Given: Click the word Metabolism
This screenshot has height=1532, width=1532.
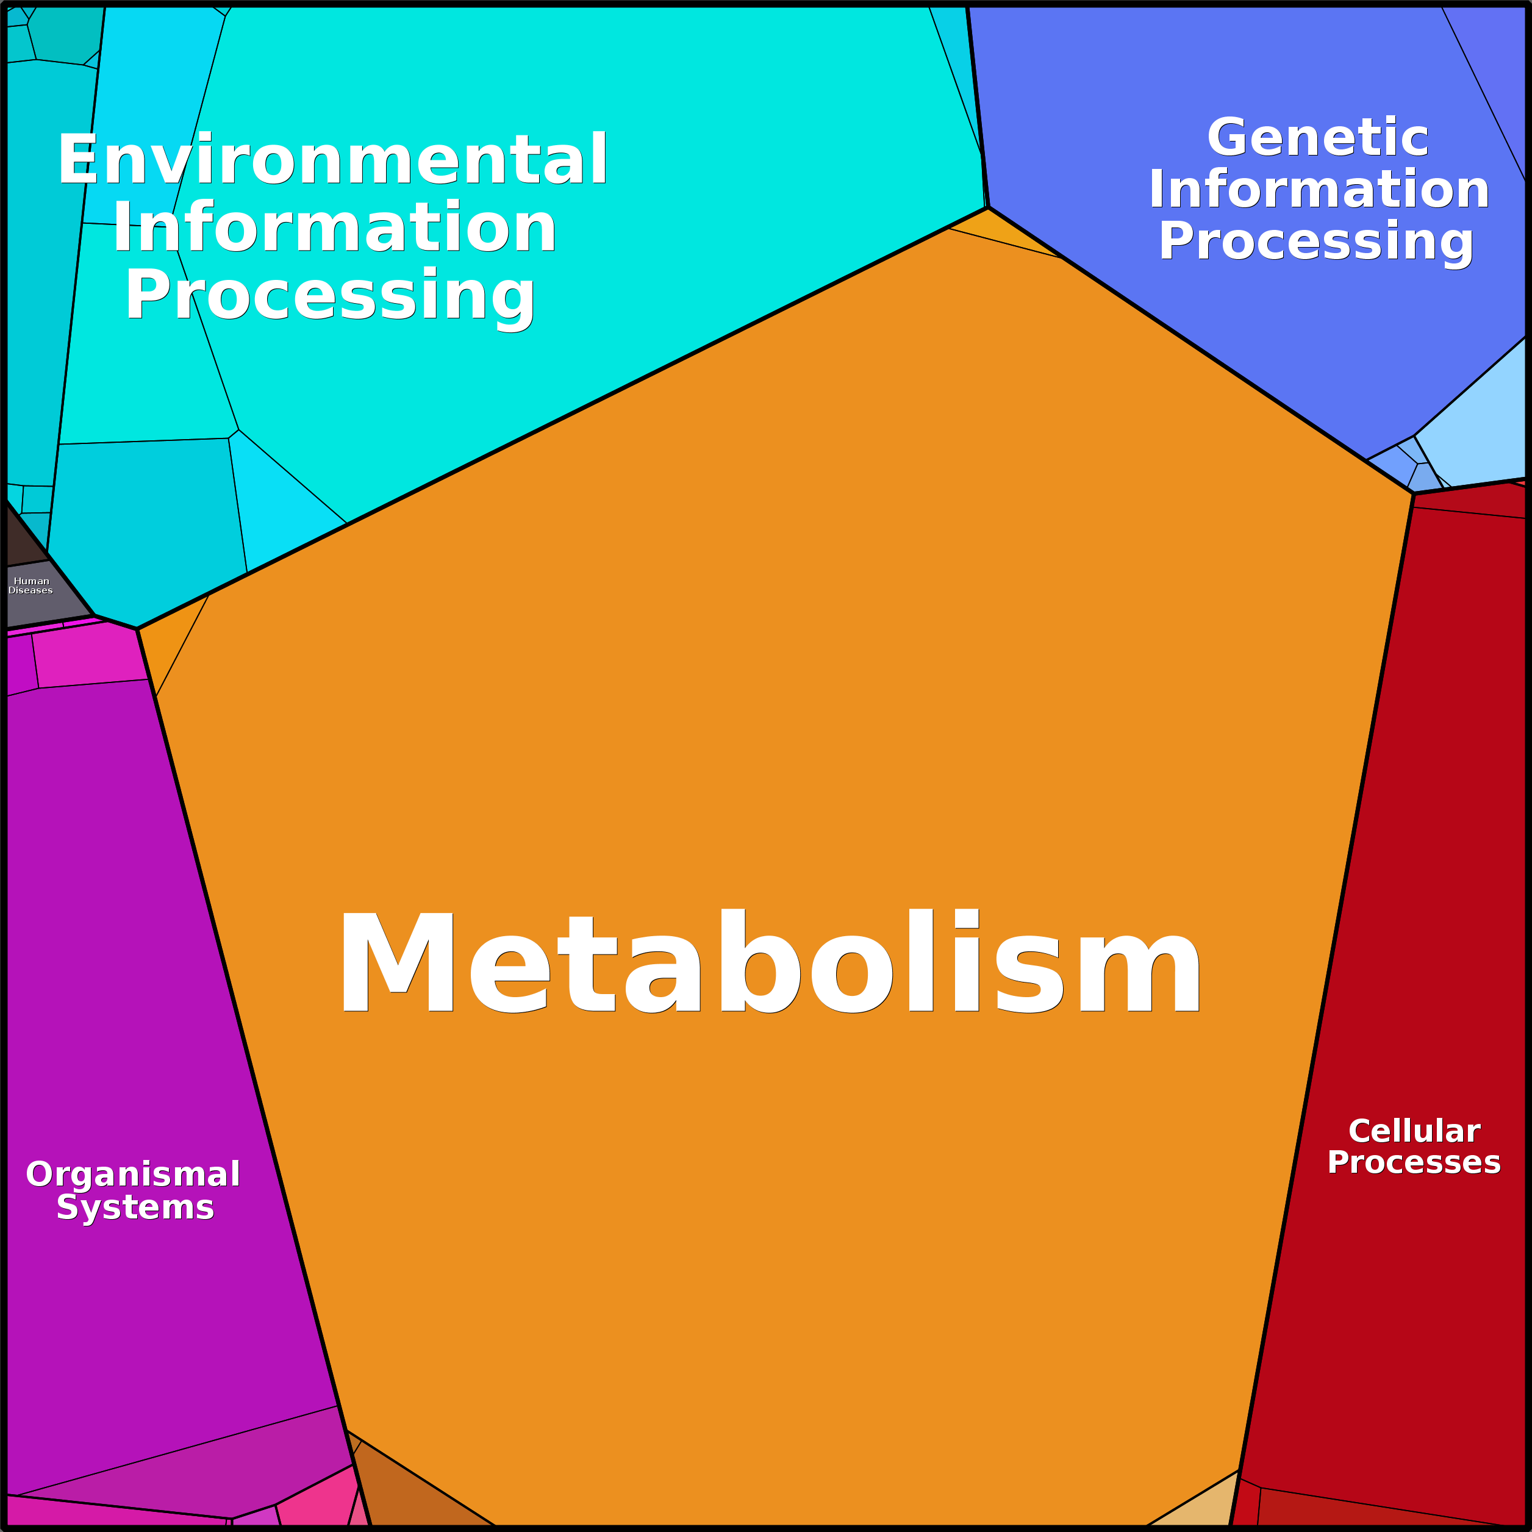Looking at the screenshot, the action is click(769, 962).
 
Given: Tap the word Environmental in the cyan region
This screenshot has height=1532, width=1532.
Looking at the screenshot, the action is click(333, 159).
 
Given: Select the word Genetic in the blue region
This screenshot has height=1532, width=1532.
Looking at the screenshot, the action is click(1317, 138).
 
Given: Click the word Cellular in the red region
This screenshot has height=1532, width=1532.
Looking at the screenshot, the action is click(1414, 1131).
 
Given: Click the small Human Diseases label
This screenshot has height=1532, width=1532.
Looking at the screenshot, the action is click(31, 586).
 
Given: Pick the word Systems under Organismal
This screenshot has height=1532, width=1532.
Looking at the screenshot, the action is click(135, 1208).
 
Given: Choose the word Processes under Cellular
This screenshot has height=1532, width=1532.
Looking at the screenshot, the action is click(1414, 1162).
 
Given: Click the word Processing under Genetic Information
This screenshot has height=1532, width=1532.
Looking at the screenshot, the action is click(1316, 241).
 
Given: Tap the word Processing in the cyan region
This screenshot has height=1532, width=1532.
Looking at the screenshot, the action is click(330, 295).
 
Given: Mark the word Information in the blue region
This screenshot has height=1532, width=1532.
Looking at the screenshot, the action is click(1319, 190).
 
